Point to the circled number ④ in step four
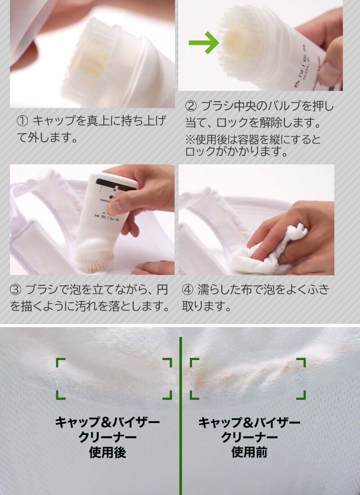(188, 289)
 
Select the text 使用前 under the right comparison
(249, 452)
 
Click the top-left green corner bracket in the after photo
(60, 363)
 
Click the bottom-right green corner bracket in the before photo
(301, 395)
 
